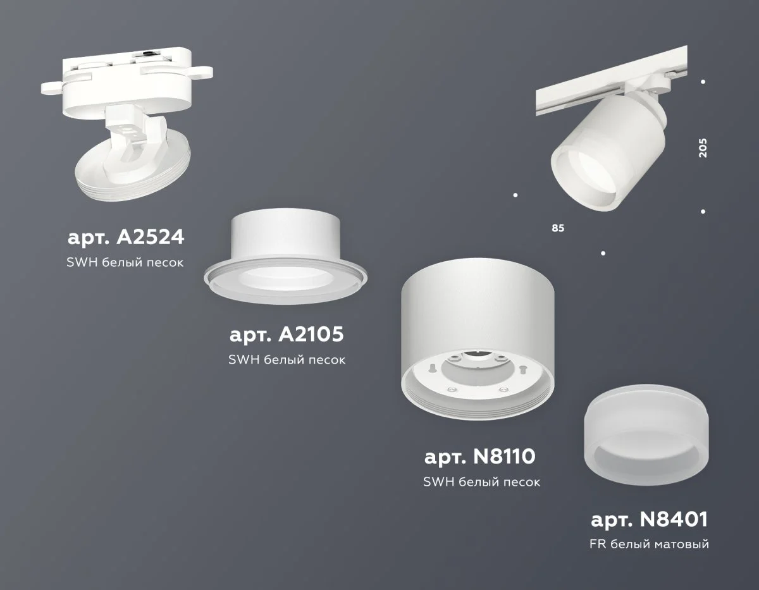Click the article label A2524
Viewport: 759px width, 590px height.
125,238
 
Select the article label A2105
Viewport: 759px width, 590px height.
287,335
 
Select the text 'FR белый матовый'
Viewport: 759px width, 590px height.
649,544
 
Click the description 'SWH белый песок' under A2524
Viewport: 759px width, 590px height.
125,262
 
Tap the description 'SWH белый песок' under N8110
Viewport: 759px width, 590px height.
481,482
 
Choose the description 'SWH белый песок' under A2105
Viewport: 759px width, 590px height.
287,360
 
